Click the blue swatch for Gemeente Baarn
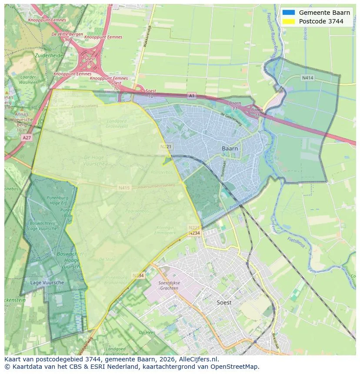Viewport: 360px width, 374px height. click(288, 13)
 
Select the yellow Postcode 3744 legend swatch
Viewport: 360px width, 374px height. click(288, 21)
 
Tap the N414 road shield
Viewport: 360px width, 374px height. click(307, 78)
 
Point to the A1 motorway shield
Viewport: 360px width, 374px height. click(192, 95)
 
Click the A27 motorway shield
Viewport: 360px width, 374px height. click(26, 137)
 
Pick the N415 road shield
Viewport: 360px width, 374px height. click(124, 188)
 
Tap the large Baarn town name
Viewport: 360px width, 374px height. click(230, 149)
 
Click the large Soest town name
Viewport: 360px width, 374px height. click(224, 302)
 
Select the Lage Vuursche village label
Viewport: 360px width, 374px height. click(47, 282)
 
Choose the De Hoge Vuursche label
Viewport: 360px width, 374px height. click(94, 160)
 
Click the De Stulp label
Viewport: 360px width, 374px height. click(107, 259)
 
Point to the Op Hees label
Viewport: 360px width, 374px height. click(147, 332)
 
